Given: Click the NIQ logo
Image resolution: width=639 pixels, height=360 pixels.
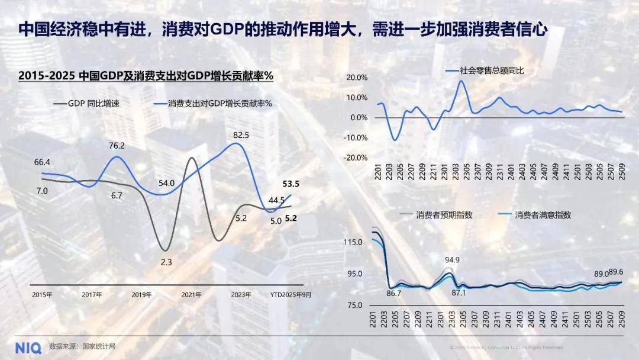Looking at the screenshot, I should pos(28,347).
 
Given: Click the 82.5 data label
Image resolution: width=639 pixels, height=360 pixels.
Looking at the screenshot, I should pos(241,136).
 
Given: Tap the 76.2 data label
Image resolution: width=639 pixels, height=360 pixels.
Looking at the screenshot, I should pos(117,146).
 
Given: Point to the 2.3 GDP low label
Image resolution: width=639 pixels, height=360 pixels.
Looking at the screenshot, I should pos(166,262).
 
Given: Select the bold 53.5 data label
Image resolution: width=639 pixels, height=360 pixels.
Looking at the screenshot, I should pos(291,184).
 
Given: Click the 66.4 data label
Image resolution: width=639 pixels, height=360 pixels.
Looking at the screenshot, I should pos(42,162).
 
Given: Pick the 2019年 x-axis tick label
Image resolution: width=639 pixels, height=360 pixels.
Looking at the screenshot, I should pos(142,294).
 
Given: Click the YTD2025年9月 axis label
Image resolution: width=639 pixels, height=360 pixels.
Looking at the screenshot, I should pos(291,294).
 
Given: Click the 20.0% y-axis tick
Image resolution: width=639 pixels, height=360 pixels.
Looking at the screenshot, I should pos(357,78).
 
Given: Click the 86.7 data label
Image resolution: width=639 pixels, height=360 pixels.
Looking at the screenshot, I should pos(394,293).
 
